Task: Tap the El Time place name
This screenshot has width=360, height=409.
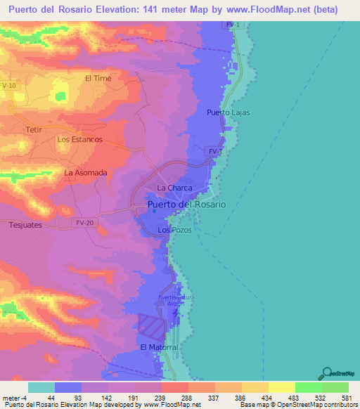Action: [x=98, y=79]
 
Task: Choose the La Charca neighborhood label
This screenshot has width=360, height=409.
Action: [x=174, y=188]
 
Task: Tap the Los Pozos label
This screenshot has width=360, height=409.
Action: [x=174, y=230]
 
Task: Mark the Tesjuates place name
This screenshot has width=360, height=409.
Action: [x=27, y=226]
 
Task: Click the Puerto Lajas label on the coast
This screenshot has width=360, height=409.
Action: [x=229, y=112]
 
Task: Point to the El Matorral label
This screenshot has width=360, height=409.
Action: [x=158, y=348]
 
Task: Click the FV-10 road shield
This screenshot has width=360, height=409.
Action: [x=8, y=85]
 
